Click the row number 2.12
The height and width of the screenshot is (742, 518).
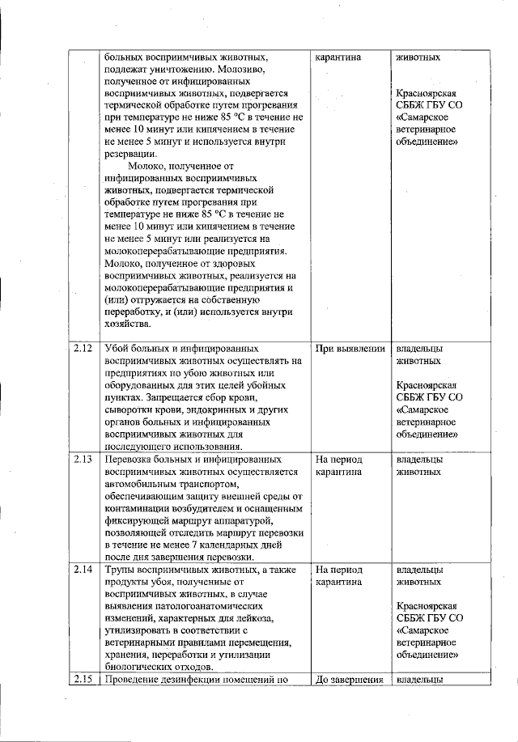click(x=81, y=350)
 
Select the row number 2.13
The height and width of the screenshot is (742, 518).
click(x=81, y=459)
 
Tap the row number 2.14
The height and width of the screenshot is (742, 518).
click(x=81, y=570)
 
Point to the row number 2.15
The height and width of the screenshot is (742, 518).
click(x=81, y=680)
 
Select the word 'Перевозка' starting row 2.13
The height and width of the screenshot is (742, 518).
click(x=132, y=459)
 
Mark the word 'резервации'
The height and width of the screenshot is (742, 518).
click(x=132, y=155)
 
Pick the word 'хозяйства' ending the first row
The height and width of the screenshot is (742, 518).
click(x=127, y=324)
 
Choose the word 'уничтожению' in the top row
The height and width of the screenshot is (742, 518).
click(x=182, y=70)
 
